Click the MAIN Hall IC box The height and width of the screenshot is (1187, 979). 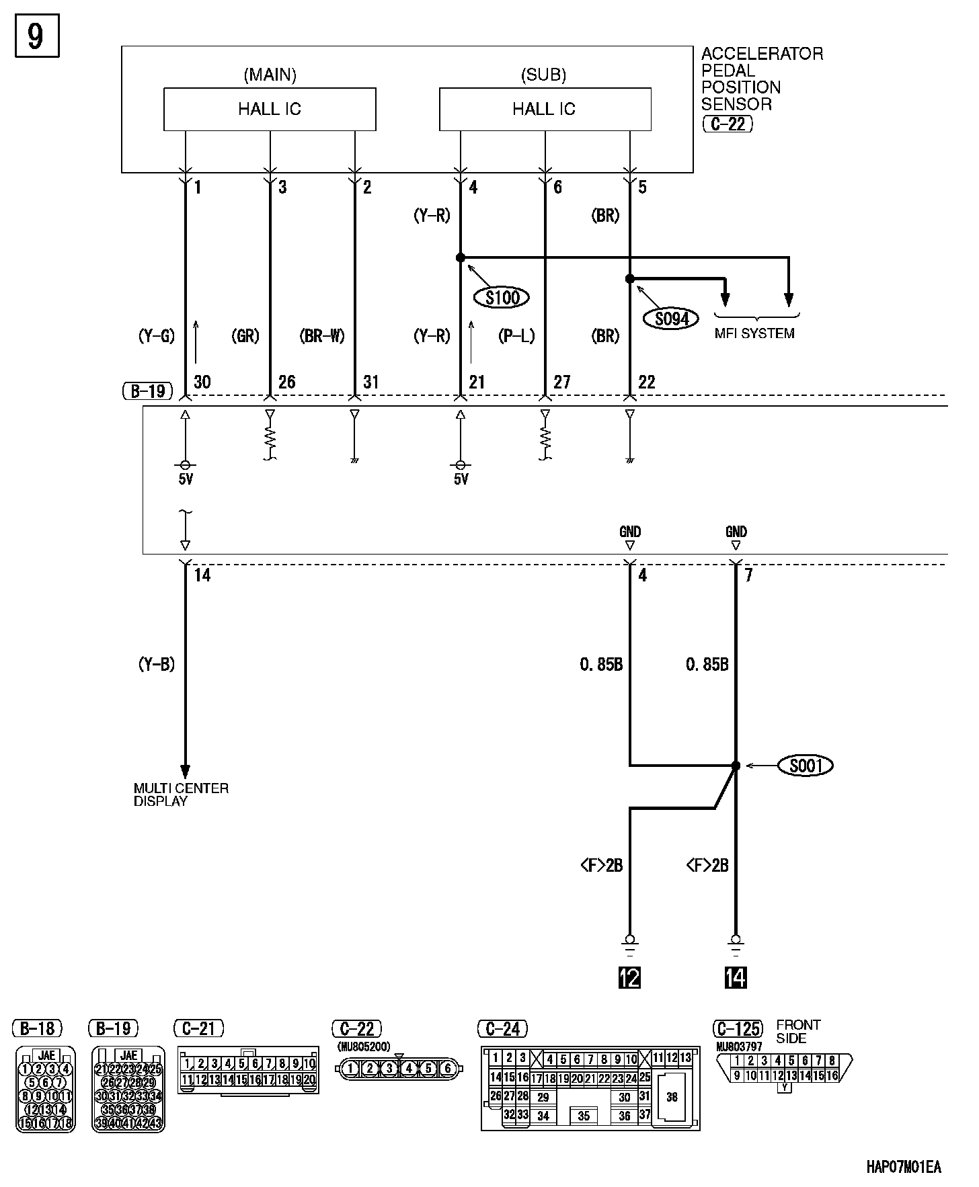270,109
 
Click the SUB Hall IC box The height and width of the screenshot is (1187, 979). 545,109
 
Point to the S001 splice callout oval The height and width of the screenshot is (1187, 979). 806,766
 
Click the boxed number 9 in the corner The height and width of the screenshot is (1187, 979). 36,36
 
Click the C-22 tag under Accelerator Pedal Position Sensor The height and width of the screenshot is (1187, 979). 727,124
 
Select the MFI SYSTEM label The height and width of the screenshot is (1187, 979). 754,333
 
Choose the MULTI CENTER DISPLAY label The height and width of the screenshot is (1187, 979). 181,794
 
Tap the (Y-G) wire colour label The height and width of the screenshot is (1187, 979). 156,336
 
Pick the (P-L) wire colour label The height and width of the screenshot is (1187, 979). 516,336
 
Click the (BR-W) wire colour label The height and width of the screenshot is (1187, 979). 321,336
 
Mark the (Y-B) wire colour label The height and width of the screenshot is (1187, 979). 156,665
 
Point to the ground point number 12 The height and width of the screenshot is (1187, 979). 629,977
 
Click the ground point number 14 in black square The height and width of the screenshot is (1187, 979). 736,977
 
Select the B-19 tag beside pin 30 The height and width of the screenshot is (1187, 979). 148,391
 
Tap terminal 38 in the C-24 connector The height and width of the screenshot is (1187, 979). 672,1097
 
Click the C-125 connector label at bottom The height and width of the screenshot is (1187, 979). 738,1029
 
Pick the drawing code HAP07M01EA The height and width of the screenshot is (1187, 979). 903,1168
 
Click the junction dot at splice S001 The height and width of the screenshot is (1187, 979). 736,766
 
